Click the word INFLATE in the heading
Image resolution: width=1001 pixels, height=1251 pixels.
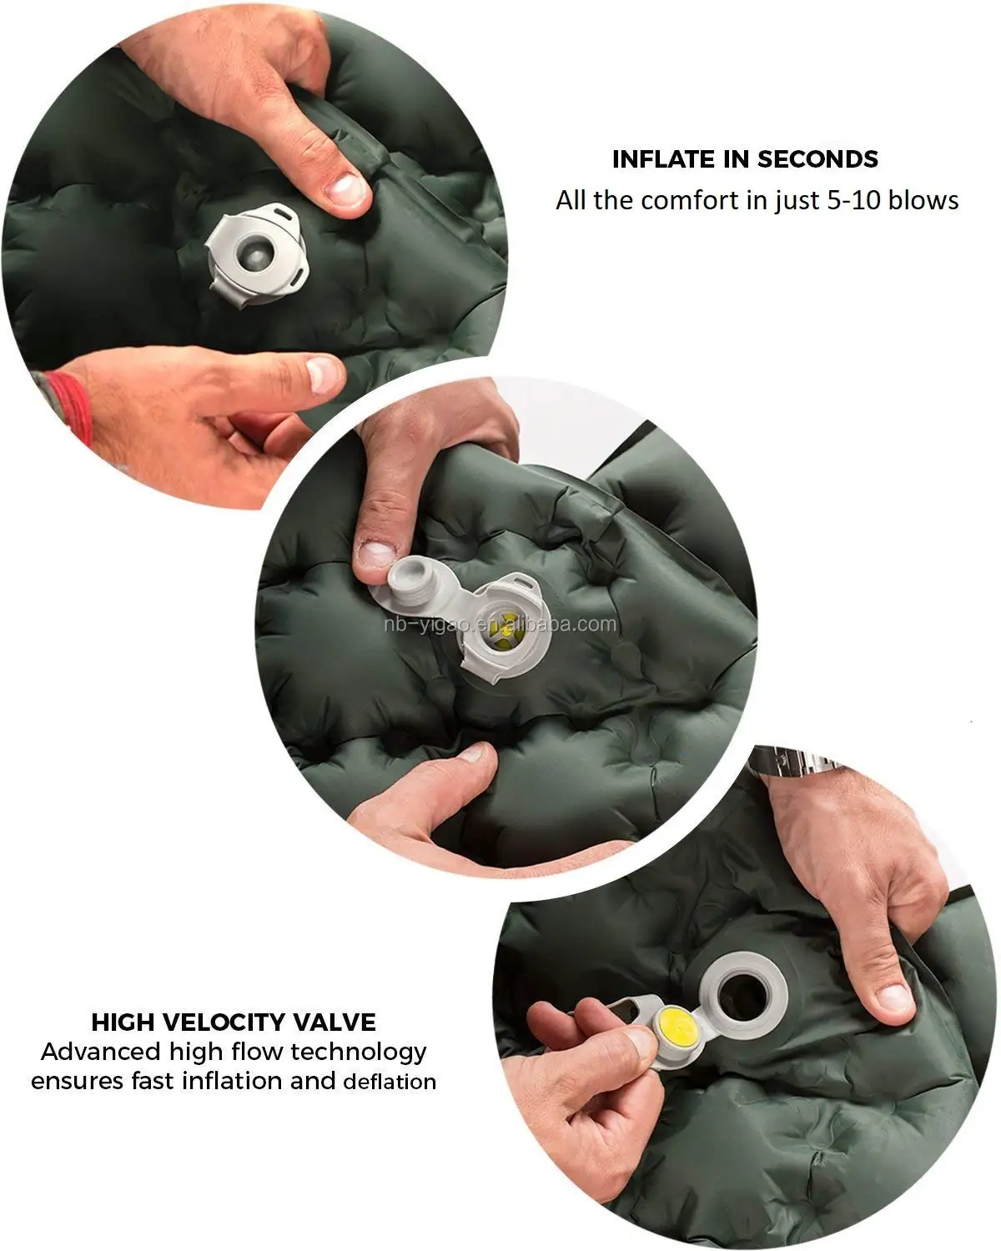tap(664, 159)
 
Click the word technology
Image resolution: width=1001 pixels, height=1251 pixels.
tap(359, 1053)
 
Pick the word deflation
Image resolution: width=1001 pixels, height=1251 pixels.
tap(390, 1082)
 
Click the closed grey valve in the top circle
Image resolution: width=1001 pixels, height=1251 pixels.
tap(258, 254)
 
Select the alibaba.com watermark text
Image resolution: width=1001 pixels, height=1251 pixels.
tap(500, 625)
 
